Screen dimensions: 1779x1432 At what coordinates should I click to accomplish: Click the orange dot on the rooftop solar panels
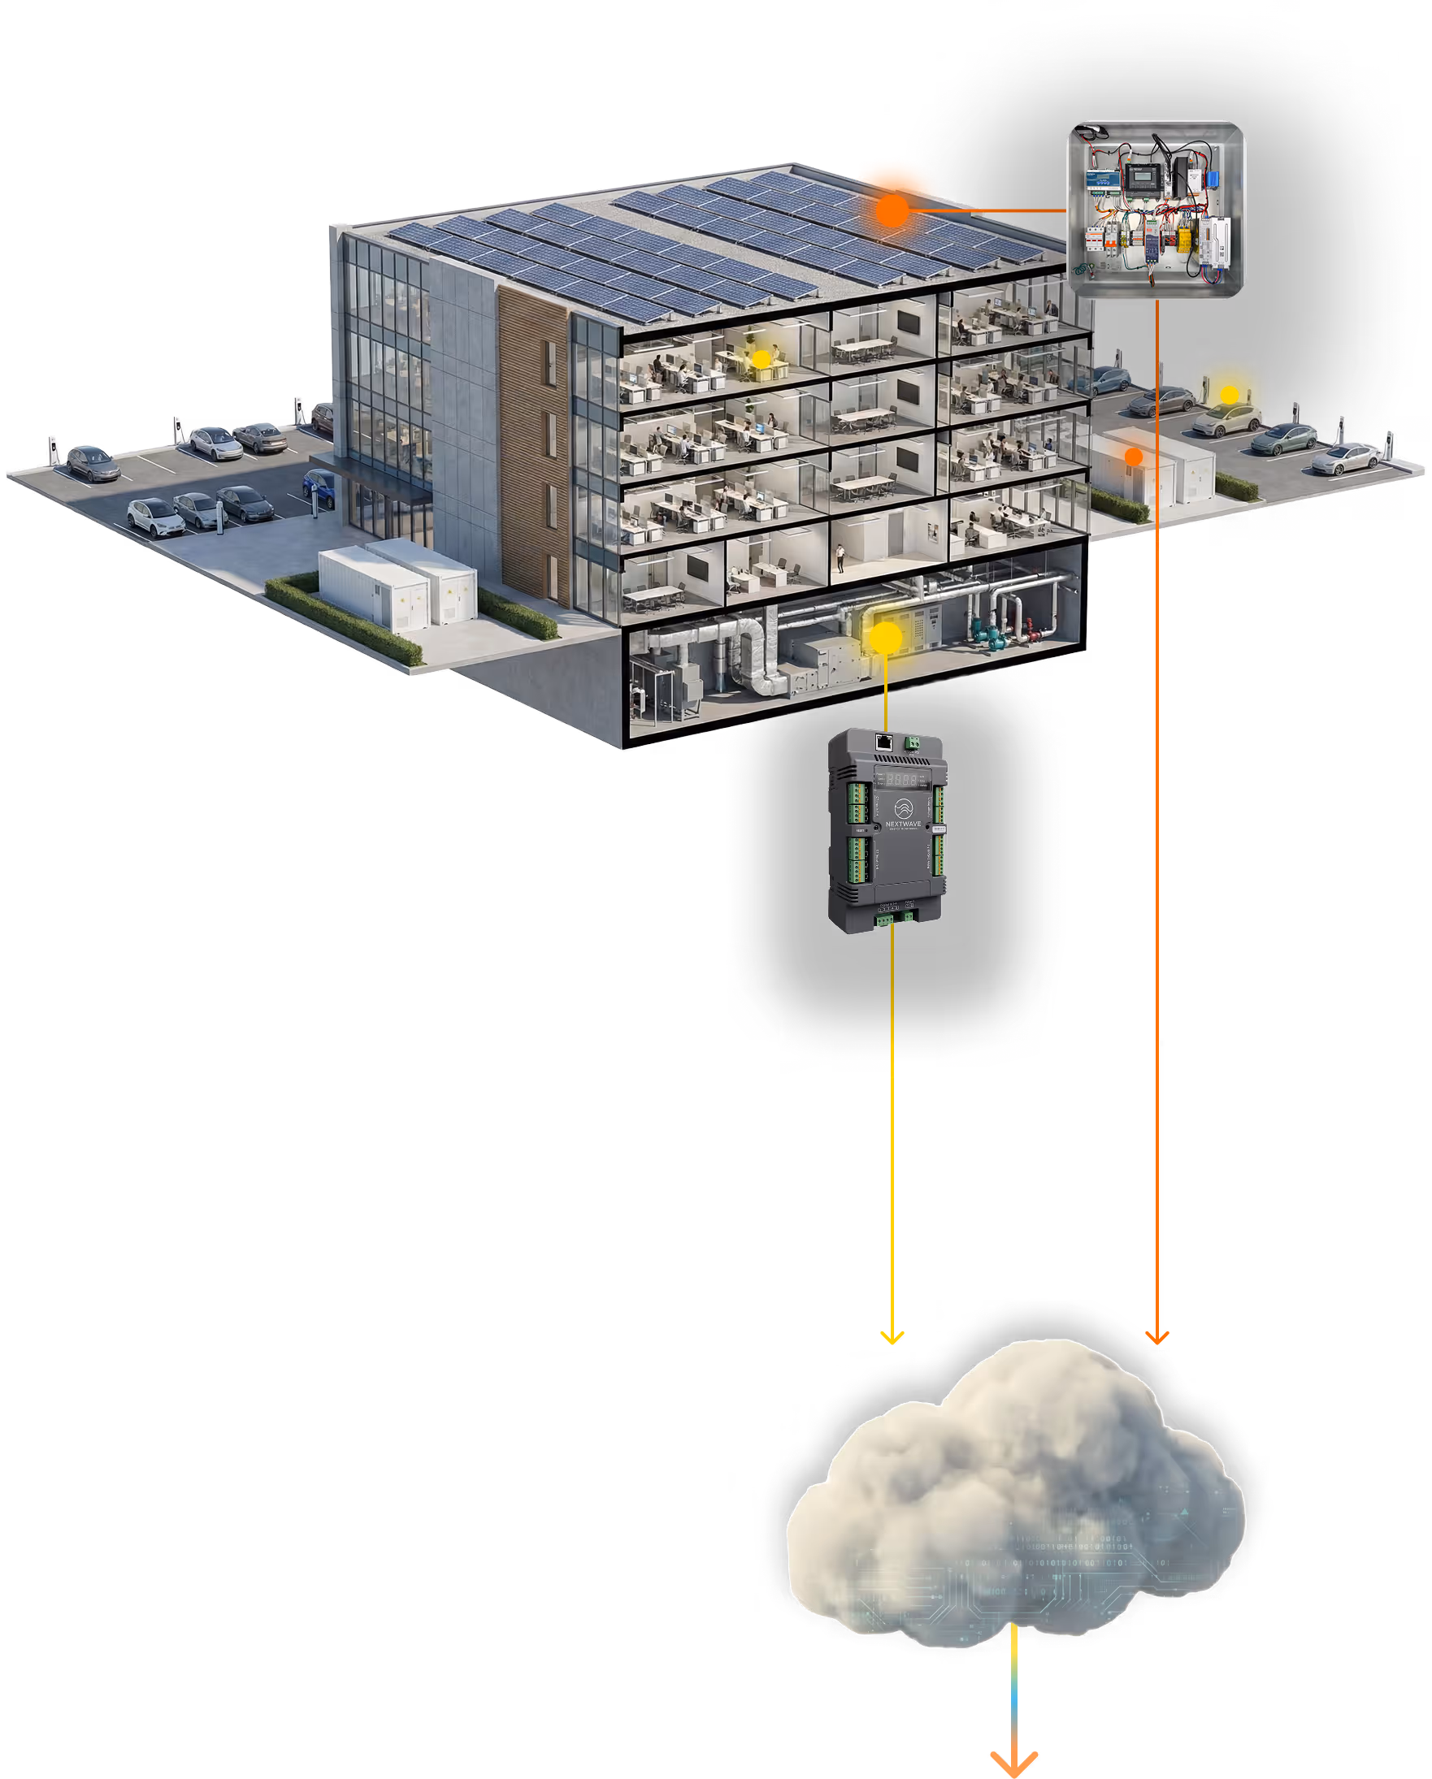(892, 210)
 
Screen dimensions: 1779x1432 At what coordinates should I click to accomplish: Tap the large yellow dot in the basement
(886, 638)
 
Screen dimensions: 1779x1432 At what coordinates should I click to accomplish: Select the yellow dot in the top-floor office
(761, 359)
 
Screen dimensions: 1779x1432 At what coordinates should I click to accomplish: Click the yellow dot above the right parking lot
(1229, 395)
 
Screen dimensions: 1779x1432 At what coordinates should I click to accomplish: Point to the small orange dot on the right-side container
(1134, 456)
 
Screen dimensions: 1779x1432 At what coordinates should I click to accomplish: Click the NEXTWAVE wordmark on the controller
(903, 824)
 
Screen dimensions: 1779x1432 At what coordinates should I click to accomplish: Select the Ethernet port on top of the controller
(884, 740)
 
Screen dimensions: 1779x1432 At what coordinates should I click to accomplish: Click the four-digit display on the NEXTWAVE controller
(902, 779)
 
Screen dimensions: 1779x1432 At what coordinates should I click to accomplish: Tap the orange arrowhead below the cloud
(1014, 1763)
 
